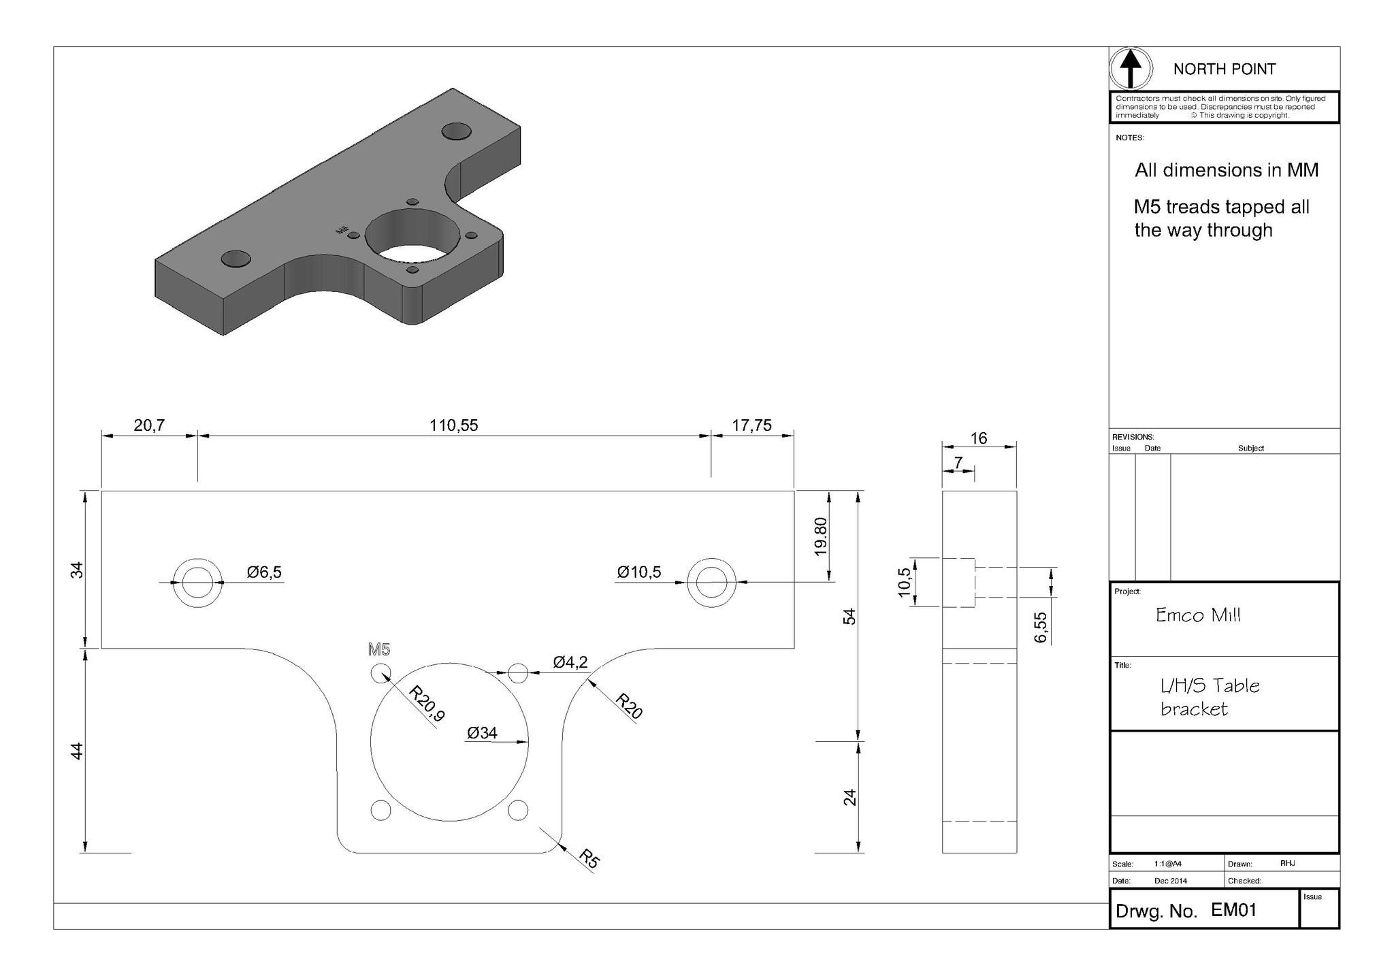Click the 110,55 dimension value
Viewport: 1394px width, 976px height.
pyautogui.click(x=453, y=426)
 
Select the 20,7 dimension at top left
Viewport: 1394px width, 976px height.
pyautogui.click(x=149, y=426)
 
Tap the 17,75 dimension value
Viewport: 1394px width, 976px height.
pyautogui.click(x=751, y=426)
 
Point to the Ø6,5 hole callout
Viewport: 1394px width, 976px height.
pyautogui.click(x=264, y=572)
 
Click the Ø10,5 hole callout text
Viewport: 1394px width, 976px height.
pyautogui.click(x=638, y=572)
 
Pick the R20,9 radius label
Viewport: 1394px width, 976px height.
pyautogui.click(x=427, y=704)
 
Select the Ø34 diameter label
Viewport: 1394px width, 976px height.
pyautogui.click(x=482, y=733)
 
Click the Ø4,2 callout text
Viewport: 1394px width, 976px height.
pyautogui.click(x=570, y=662)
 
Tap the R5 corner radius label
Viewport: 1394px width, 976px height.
pyautogui.click(x=589, y=859)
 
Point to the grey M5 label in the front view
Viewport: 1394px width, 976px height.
pyautogui.click(x=379, y=649)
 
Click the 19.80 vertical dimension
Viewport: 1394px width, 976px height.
pyautogui.click(x=821, y=536)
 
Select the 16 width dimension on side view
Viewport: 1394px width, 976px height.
pyautogui.click(x=979, y=438)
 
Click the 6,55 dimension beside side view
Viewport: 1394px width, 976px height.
pyautogui.click(x=1040, y=627)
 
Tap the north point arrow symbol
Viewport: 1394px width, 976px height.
pyautogui.click(x=1131, y=69)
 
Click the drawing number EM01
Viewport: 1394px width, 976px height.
pyautogui.click(x=1233, y=911)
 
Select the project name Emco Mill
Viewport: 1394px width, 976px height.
pyautogui.click(x=1198, y=615)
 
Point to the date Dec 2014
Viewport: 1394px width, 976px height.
pyautogui.click(x=1171, y=881)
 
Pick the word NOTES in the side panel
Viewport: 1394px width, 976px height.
pyautogui.click(x=1130, y=138)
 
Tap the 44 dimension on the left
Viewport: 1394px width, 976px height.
pyautogui.click(x=78, y=751)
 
